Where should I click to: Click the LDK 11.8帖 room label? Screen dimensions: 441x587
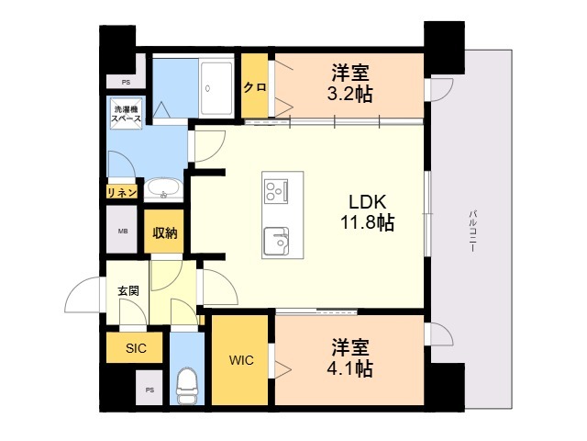pos(371,210)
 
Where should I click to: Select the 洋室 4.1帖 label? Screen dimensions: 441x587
pos(350,357)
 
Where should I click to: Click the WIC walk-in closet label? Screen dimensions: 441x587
pos(241,361)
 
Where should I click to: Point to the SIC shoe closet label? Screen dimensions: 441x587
pos(136,348)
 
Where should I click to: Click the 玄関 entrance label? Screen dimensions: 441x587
pos(127,289)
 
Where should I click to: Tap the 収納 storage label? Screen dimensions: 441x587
pos(165,232)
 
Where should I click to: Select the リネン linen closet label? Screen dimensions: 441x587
pos(122,191)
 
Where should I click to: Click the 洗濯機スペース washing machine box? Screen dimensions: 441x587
pos(125,115)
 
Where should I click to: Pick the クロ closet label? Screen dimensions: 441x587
pos(255,87)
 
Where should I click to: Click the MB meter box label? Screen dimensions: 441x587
pos(122,232)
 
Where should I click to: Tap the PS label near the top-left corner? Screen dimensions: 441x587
pos(125,82)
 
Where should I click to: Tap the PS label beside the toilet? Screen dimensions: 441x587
pos(150,390)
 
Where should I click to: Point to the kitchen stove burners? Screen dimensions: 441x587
pos(276,191)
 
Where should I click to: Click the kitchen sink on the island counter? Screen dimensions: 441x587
pos(276,242)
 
